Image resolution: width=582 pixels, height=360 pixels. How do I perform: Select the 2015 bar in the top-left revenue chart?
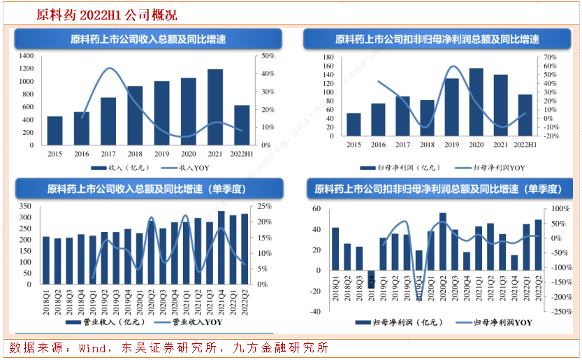(54, 131)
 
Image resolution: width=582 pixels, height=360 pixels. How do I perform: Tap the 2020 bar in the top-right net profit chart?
(476, 102)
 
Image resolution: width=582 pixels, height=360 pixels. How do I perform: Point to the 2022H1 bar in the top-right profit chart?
(525, 115)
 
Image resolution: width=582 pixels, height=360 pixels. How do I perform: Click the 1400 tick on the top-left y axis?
(27, 55)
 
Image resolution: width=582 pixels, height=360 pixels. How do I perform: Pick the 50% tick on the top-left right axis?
(267, 55)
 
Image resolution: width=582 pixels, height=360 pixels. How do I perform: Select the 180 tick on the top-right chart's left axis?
(328, 57)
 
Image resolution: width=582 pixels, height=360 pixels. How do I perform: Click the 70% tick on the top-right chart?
(551, 57)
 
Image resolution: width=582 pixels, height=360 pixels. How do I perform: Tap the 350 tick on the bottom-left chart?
(26, 206)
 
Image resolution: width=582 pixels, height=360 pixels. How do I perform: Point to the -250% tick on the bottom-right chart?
(560, 312)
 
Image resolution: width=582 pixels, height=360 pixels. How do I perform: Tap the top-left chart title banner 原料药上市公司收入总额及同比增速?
(147, 39)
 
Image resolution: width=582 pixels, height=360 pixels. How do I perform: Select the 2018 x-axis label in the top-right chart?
(427, 145)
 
